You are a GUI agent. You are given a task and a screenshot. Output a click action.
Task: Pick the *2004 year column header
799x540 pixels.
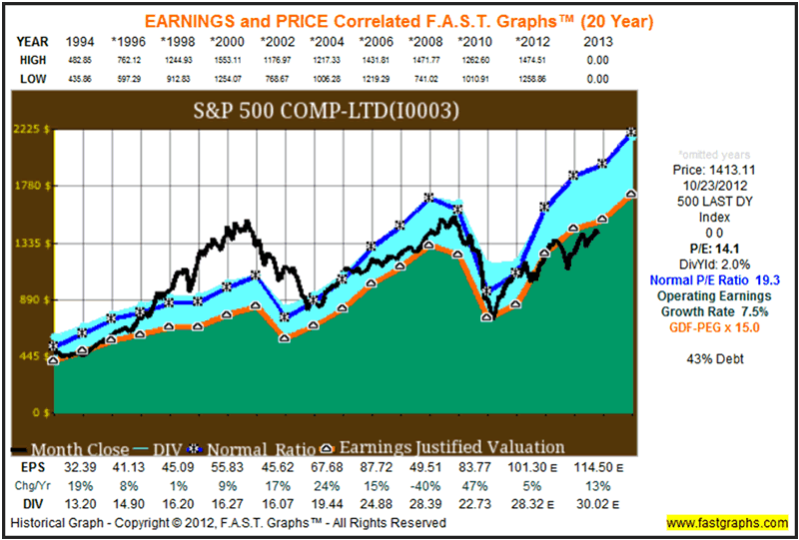pyautogui.click(x=331, y=42)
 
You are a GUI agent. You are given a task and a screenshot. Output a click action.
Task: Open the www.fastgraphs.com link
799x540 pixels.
pyautogui.click(x=723, y=522)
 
